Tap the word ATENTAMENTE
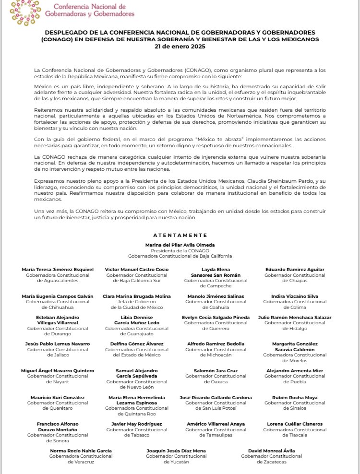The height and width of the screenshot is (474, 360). point(180,236)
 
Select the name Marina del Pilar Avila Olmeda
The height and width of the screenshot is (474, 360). point(180,245)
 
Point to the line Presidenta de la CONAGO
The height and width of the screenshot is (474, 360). point(180,250)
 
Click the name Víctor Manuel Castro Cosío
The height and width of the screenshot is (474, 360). point(137,270)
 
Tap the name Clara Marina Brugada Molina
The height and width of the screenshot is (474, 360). point(137,296)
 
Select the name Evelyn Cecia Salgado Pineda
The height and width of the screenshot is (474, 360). point(216,318)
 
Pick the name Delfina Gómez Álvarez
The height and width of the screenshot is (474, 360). point(137,344)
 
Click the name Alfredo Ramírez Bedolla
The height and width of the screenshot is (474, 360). point(216,344)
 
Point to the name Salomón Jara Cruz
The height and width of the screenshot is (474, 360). point(216,371)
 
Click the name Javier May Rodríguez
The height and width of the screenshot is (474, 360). point(137,424)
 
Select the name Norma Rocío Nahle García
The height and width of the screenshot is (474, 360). point(81,450)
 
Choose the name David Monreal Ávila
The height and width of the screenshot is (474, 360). point(272,450)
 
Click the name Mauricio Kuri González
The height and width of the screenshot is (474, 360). point(58,398)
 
